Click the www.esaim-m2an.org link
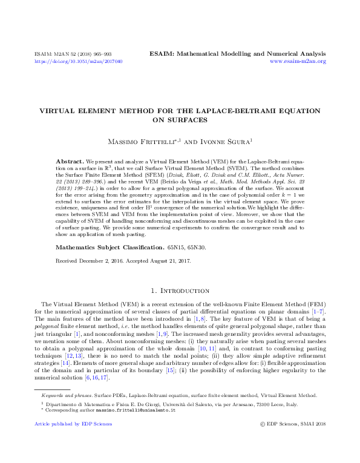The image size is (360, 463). click(298, 62)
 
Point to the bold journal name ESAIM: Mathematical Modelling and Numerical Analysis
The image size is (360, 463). click(237, 54)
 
